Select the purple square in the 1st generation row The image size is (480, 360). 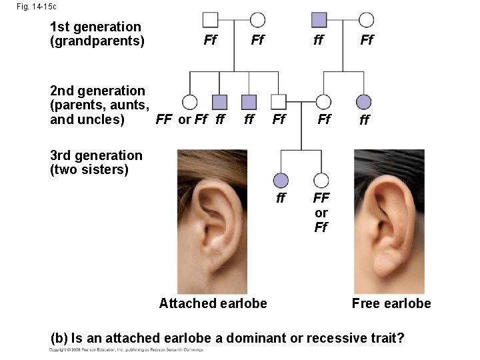point(319,20)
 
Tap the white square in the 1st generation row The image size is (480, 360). point(210,20)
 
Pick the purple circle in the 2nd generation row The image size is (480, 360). point(364,102)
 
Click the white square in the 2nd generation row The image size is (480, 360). point(279,102)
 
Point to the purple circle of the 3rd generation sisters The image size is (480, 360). point(281,180)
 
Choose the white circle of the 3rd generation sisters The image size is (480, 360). point(321,180)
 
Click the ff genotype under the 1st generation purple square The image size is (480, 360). point(319,41)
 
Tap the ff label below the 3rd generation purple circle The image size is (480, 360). point(281,198)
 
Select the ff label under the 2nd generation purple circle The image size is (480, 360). point(364,121)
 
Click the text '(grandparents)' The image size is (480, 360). point(97,41)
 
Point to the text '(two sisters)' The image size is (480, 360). point(89,169)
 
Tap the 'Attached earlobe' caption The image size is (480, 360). point(213,303)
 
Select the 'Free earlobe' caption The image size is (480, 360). point(391,303)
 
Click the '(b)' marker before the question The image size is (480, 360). point(60,338)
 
